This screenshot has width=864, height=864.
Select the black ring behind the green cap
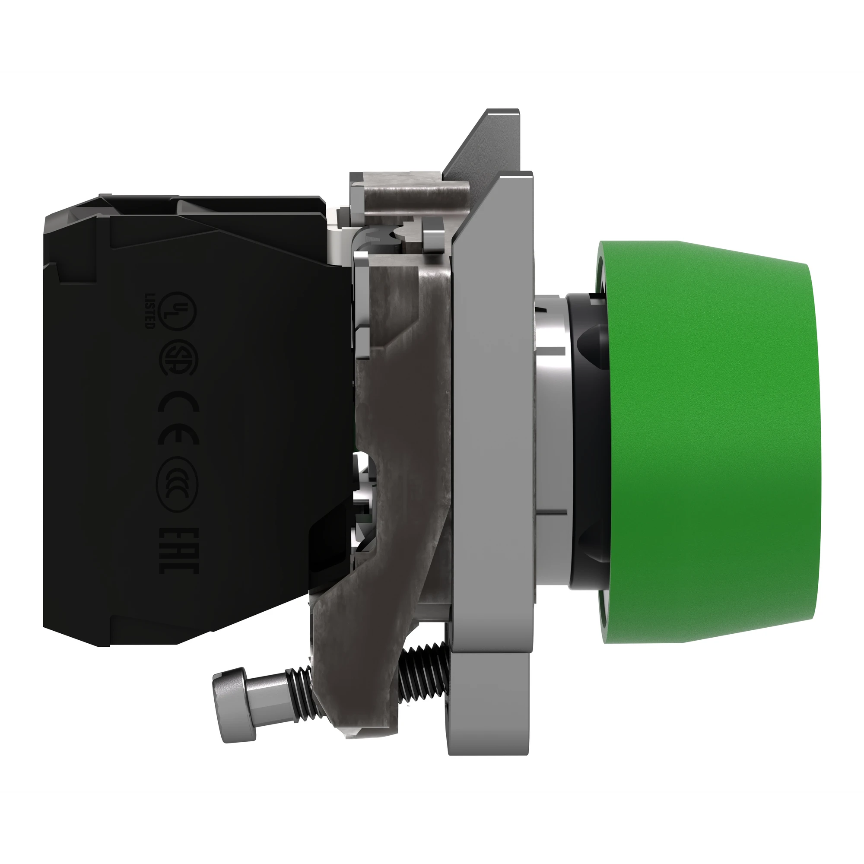click(586, 447)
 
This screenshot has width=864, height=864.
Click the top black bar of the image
click(432, 34)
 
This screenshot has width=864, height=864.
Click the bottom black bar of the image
click(432, 829)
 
